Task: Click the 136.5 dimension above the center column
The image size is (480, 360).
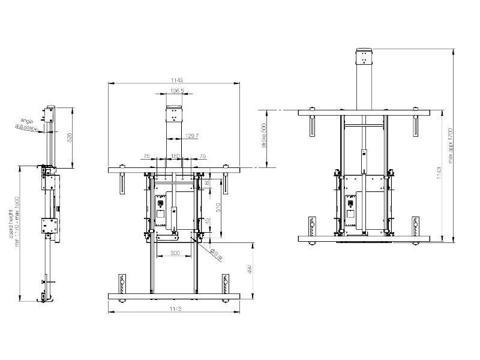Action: (177, 91)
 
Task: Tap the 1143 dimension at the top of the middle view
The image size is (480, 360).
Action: (176, 79)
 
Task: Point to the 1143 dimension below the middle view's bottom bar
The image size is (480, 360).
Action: (176, 309)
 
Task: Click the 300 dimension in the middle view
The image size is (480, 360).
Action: (175, 253)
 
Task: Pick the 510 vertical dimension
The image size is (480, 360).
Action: (218, 208)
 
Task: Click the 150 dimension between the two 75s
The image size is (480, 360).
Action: (176, 156)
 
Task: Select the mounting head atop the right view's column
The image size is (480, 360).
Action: (364, 58)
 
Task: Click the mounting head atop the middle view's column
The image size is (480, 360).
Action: (173, 114)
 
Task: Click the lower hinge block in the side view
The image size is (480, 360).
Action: (47, 226)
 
